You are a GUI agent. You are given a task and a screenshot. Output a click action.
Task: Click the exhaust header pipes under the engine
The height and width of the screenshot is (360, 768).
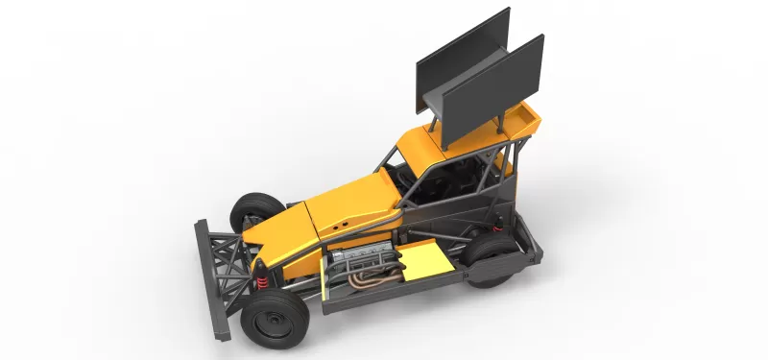[x=370, y=277]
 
